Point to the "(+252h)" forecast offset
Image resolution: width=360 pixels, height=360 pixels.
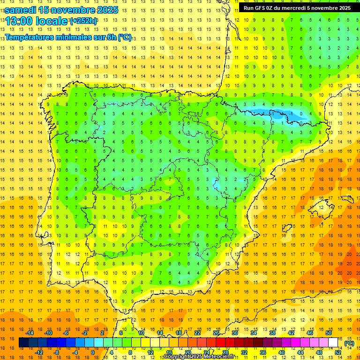(83, 21)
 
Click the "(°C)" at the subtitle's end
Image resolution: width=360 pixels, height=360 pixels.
(125, 37)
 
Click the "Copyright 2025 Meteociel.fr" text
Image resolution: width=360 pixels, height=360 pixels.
(199, 357)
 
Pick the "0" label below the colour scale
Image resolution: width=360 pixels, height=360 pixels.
(92, 352)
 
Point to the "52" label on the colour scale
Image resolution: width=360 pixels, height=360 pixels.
(338, 352)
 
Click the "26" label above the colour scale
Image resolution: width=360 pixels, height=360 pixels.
(216, 333)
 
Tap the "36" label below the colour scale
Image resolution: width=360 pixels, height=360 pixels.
(262, 352)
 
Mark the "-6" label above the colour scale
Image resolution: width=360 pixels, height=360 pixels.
(66, 333)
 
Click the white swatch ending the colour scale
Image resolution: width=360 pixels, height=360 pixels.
(333, 343)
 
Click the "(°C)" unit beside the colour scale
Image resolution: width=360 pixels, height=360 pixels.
(349, 343)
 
